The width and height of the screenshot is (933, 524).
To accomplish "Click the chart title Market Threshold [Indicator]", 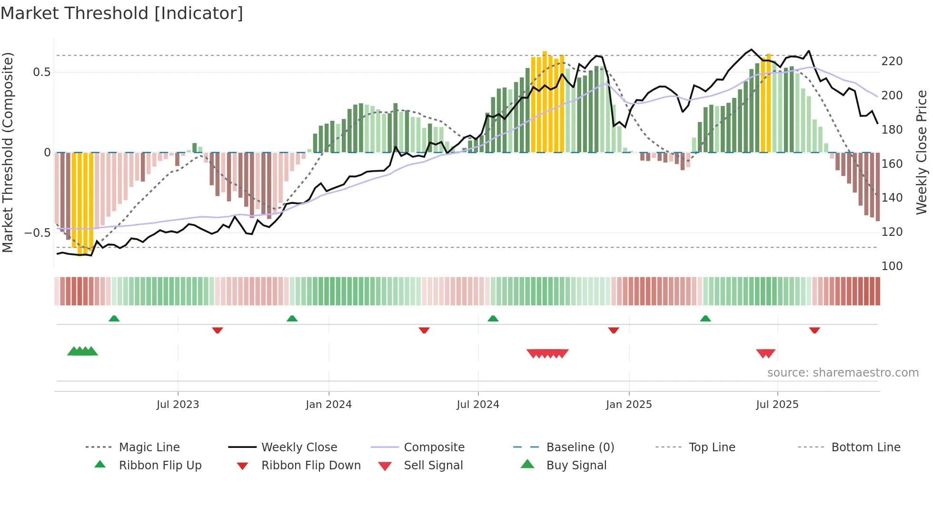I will pyautogui.click(x=122, y=13).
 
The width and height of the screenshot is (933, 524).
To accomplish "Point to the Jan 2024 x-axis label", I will pyautogui.click(x=328, y=405).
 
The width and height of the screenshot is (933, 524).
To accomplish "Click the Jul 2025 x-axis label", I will pyautogui.click(x=777, y=405).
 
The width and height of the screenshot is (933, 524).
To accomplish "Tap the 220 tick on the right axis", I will pyautogui.click(x=892, y=61).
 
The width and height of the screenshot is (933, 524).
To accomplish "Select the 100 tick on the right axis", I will pyautogui.click(x=892, y=266).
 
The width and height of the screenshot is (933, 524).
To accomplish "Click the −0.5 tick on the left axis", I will pyautogui.click(x=38, y=233).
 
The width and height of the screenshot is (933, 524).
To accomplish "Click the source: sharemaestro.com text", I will pyautogui.click(x=843, y=373).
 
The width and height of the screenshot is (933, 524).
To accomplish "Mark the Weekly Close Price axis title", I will pyautogui.click(x=922, y=152).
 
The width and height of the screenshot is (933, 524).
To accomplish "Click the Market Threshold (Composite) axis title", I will pyautogui.click(x=8, y=152).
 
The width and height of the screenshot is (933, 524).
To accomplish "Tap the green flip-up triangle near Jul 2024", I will pyautogui.click(x=493, y=319).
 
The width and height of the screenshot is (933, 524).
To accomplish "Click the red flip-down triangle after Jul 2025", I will pyautogui.click(x=814, y=330).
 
